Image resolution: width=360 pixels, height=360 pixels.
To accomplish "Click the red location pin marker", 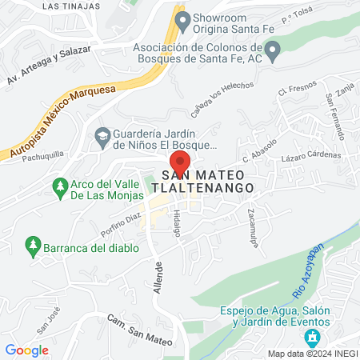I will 180,160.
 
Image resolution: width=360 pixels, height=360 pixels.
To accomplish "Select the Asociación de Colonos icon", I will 273,52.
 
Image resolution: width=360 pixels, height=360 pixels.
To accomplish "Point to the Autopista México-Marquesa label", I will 61,123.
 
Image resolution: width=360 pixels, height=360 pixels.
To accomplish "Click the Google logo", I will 27,350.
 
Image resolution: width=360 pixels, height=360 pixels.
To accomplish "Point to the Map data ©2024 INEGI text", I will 312,354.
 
